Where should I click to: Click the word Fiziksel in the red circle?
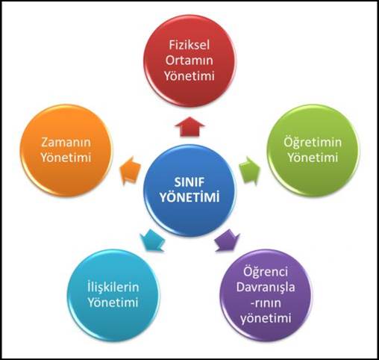coord(189,45)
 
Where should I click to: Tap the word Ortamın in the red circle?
coord(189,60)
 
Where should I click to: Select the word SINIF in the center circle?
coord(189,182)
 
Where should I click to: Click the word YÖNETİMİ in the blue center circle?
coord(189,197)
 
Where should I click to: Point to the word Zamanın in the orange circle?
coord(66,143)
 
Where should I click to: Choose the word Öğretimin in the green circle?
coord(313,142)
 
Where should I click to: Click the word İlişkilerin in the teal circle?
coord(113,287)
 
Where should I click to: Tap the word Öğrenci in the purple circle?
coord(266,272)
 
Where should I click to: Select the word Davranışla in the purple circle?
coord(266,287)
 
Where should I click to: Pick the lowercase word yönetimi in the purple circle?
coord(266,318)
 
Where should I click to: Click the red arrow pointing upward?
coord(189,126)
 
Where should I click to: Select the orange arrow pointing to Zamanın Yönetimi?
coord(130,170)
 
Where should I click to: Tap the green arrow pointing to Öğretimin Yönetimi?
coord(249,171)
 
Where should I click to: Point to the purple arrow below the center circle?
coord(228,240)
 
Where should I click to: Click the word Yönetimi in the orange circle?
coord(66,158)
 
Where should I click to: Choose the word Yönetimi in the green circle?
coord(313,158)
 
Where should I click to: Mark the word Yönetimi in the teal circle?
coord(113,302)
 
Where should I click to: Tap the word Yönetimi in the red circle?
coord(189,75)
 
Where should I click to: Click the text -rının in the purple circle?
coord(266,303)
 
